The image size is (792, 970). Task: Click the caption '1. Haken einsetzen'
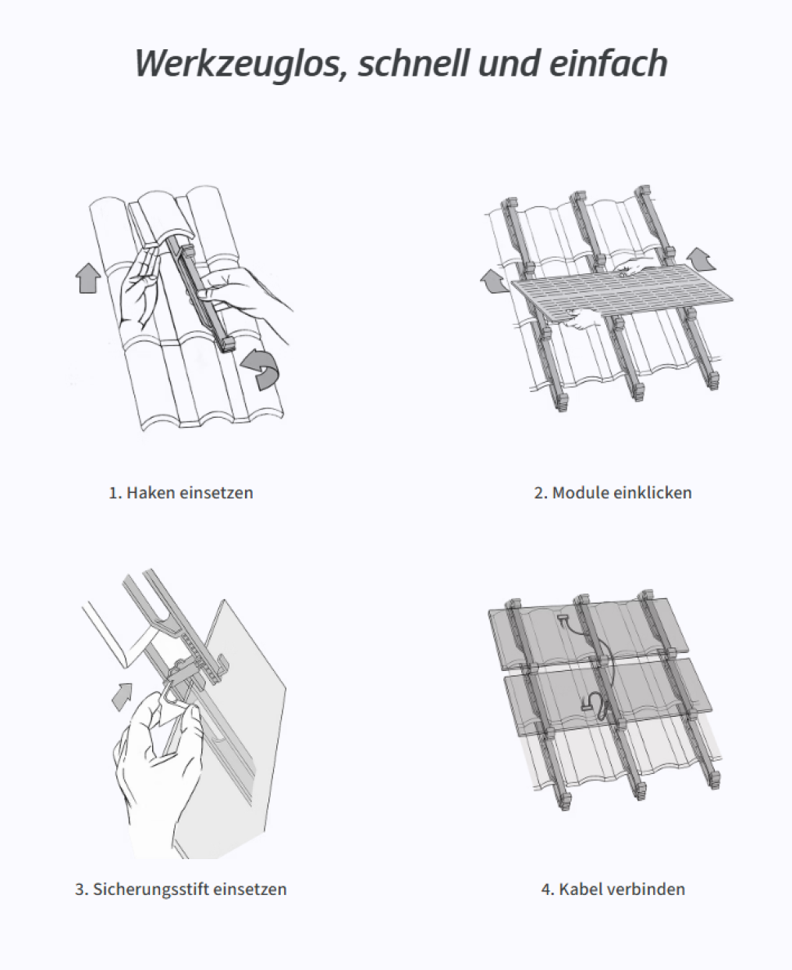(x=180, y=493)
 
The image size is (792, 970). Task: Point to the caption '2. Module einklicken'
(x=613, y=493)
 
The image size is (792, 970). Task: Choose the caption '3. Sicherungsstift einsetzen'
(x=180, y=889)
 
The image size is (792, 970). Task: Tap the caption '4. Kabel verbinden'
(x=613, y=889)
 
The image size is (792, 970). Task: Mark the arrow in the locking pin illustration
(x=121, y=694)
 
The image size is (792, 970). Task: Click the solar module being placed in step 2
(x=624, y=293)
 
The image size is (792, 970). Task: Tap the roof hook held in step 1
(x=204, y=297)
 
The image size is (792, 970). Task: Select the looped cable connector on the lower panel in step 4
(x=596, y=705)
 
